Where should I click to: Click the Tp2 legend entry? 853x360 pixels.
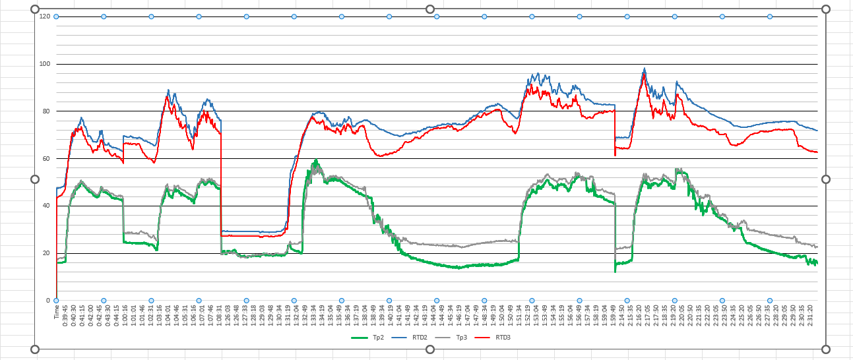click(378, 338)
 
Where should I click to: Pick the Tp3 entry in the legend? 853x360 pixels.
click(462, 338)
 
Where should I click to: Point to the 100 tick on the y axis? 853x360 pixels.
click(45, 64)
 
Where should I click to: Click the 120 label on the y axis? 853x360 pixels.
click(45, 16)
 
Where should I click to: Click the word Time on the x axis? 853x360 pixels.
click(57, 312)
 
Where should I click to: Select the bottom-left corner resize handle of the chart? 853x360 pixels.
click(35, 349)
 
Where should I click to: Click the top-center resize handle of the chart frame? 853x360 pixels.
click(430, 9)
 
